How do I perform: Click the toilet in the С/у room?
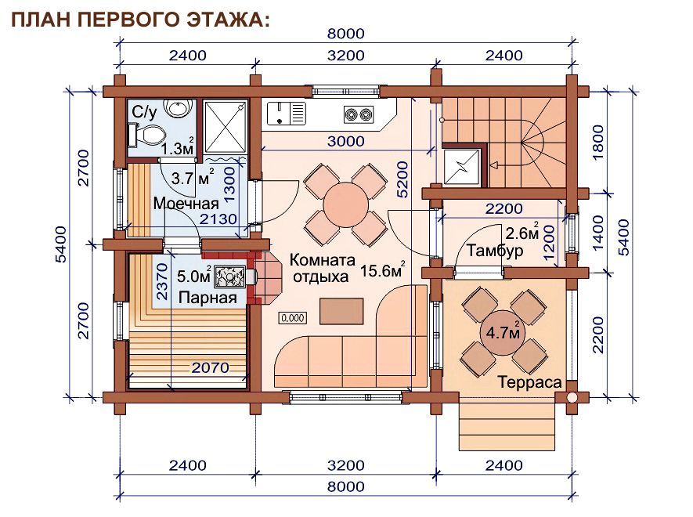146,135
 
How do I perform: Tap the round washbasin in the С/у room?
178,107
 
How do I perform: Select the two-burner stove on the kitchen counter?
359,114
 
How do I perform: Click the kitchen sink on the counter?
286,112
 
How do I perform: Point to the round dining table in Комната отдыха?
345,204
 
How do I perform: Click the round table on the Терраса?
503,333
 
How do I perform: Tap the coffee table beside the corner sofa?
341,311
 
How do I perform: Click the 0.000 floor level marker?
293,318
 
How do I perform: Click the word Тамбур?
495,251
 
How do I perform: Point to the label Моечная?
186,204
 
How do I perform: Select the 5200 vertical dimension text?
402,179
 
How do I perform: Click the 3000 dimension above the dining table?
345,142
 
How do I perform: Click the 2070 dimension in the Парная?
211,367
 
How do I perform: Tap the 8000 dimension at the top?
345,34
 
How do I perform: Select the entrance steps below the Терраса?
507,422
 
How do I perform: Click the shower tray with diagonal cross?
226,127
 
